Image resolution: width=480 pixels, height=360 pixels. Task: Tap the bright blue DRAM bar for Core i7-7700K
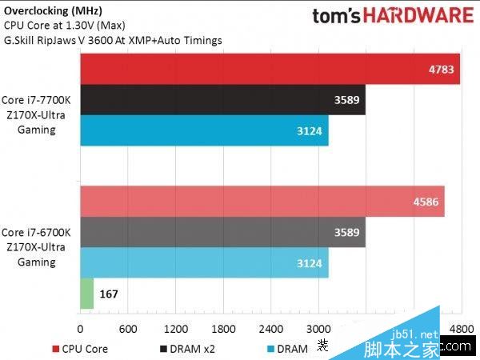pyautogui.click(x=204, y=130)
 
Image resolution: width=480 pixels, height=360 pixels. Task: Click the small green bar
pyautogui.click(x=86, y=294)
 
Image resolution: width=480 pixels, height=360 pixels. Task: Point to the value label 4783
pyautogui.click(x=441, y=70)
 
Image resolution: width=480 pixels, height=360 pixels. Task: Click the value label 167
pyautogui.click(x=109, y=294)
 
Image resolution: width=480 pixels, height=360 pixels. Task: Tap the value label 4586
pyautogui.click(x=425, y=202)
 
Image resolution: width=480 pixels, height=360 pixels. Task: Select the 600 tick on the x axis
pyautogui.click(x=127, y=330)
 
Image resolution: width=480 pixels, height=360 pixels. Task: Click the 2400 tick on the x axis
pyautogui.click(x=270, y=330)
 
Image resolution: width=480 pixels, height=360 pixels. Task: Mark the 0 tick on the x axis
pyautogui.click(x=80, y=330)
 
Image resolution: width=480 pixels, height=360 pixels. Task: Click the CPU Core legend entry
pyautogui.click(x=80, y=349)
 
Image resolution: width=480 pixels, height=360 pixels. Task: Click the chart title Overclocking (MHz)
pyautogui.click(x=53, y=10)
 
